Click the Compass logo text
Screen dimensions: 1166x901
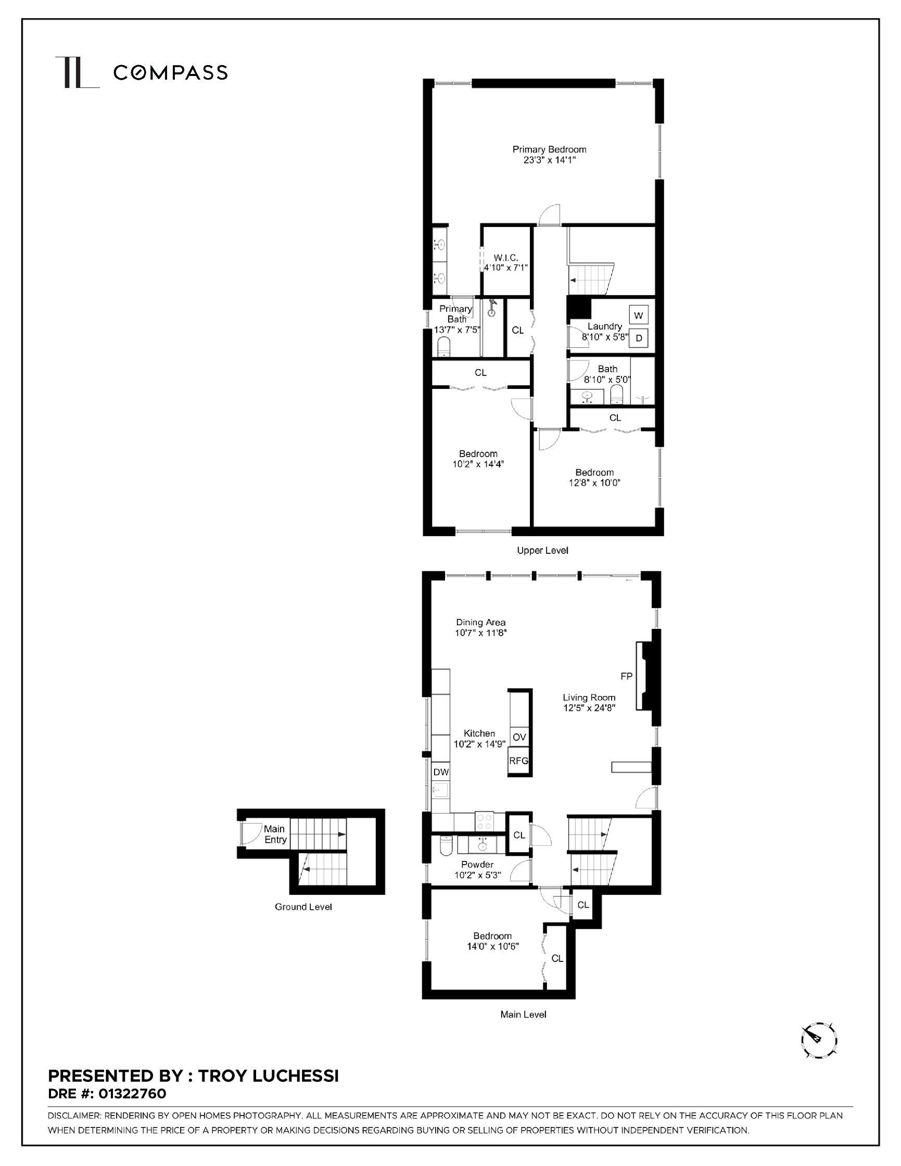point(170,72)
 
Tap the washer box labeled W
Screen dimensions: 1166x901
point(638,315)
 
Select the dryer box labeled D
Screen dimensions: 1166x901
point(638,338)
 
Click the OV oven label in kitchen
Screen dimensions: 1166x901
point(519,737)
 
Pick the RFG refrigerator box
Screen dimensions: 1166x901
point(518,761)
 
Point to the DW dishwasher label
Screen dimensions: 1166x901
point(441,772)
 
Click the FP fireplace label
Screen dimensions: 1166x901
point(626,676)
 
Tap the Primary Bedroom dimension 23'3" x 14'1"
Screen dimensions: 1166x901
point(549,160)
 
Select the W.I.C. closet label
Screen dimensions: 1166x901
point(505,257)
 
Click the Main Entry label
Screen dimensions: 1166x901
point(274,834)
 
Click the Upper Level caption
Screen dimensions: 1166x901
point(542,550)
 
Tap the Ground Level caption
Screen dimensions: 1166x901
point(303,907)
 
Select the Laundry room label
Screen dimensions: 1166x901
point(604,326)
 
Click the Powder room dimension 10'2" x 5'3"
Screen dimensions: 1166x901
point(478,875)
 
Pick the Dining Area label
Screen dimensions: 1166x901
point(480,622)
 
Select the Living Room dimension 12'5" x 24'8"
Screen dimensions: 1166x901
point(589,708)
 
